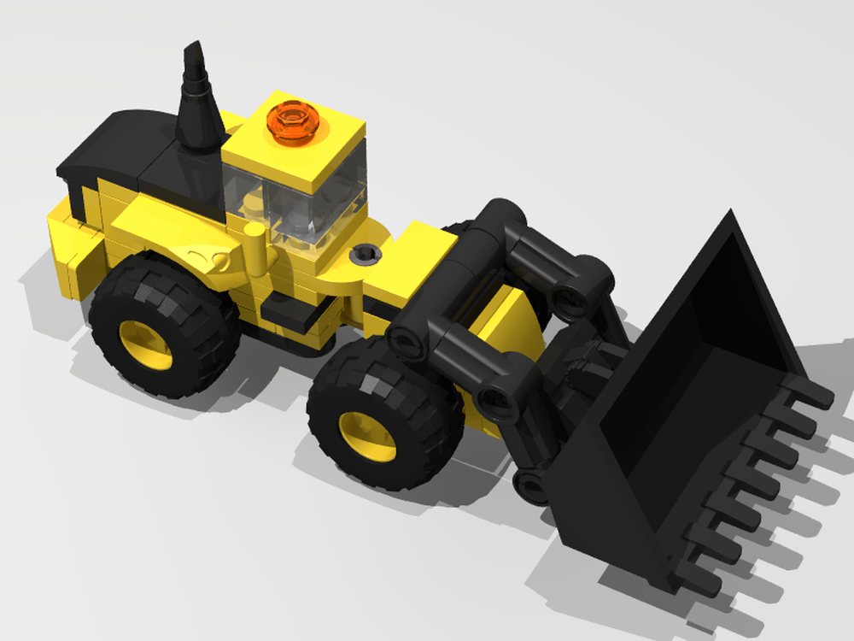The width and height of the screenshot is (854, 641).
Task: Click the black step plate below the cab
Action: click(x=287, y=312)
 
